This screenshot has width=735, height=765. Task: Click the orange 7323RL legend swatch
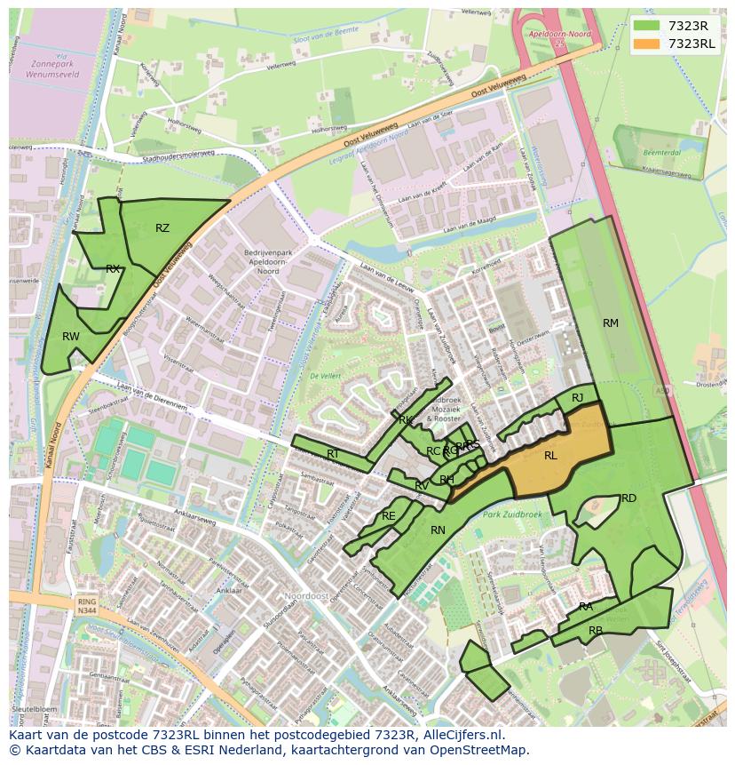[647, 44]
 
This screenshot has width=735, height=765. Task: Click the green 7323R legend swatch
[647, 26]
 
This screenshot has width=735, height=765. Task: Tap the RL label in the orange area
[550, 456]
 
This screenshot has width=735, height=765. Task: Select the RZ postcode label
[162, 228]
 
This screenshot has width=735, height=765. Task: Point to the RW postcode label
[71, 337]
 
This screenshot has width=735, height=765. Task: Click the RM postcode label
[611, 323]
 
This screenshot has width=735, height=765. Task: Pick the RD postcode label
[628, 498]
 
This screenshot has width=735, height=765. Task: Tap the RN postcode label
[438, 530]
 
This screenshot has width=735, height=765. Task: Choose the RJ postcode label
[577, 398]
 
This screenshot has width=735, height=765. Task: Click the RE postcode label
[388, 516]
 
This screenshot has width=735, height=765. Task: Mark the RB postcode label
[596, 631]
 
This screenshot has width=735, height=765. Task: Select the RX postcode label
[113, 269]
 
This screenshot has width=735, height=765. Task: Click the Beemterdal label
[660, 153]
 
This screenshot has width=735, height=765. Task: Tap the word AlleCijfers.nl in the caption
[462, 735]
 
